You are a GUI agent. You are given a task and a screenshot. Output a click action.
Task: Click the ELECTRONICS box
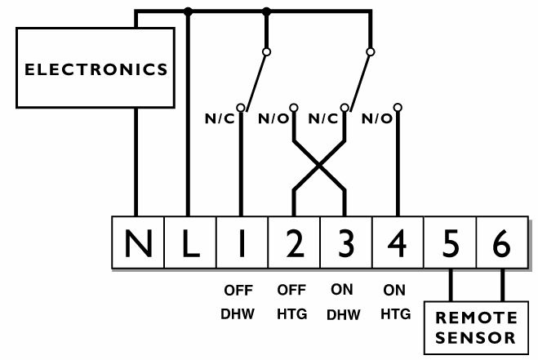[x=96, y=68]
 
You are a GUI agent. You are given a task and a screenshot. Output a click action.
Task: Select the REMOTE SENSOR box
[x=476, y=327]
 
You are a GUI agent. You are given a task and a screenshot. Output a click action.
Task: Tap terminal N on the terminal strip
[x=138, y=242]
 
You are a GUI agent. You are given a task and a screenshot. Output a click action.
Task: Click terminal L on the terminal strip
[x=190, y=242]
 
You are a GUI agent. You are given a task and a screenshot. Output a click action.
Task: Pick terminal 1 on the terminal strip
[x=242, y=242]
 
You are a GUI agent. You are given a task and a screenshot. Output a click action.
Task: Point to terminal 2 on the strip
[x=295, y=242]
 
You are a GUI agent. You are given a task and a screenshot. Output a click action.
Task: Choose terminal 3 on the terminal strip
[x=346, y=242]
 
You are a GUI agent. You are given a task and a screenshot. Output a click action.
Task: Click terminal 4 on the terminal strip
[x=398, y=242]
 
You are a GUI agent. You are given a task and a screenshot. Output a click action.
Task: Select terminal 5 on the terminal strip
[x=450, y=242]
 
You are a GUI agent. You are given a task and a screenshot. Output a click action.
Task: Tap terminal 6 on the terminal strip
[x=502, y=242]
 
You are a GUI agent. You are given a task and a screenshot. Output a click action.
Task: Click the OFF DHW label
[x=238, y=302]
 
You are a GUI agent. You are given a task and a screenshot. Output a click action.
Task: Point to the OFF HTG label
[x=291, y=302]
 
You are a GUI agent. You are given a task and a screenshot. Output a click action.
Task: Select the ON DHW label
[x=343, y=302]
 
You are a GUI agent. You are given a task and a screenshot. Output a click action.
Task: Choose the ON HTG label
[x=395, y=302]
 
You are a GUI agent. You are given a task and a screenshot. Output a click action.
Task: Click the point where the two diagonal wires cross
[x=319, y=166]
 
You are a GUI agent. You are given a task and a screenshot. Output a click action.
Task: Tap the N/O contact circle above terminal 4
[x=398, y=108]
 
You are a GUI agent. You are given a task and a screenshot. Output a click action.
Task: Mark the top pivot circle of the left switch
[x=266, y=51]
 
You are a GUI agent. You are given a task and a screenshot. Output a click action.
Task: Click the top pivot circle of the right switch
[x=370, y=51]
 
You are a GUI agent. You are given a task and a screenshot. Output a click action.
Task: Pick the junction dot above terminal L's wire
[x=188, y=12]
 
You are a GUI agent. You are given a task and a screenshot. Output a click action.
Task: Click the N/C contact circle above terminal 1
[x=241, y=108]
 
